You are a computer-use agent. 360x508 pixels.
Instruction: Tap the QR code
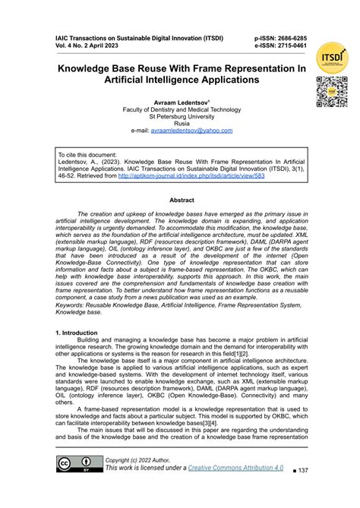point(331,92)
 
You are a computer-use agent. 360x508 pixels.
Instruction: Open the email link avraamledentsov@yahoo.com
point(191,131)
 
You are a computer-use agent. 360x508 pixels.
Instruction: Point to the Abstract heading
point(181,200)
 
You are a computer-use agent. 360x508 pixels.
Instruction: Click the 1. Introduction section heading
point(77,333)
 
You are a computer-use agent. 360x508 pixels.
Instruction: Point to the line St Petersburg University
point(181,116)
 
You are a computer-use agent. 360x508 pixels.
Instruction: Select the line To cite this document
point(87,154)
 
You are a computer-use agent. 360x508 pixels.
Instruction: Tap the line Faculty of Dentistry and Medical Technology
point(181,109)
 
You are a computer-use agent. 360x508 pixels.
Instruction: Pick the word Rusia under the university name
point(181,123)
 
